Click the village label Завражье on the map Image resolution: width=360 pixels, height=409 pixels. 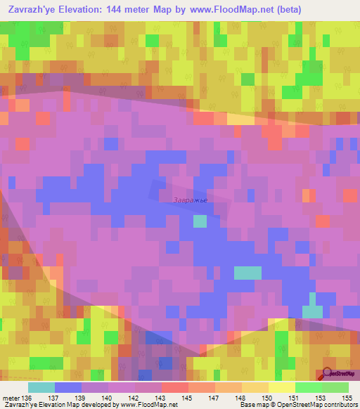pyautogui.click(x=190, y=200)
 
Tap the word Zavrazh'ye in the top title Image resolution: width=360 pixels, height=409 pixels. pyautogui.click(x=32, y=10)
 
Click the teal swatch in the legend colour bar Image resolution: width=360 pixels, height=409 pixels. pyautogui.click(x=41, y=388)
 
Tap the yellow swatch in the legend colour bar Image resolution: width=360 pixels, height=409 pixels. pyautogui.click(x=282, y=388)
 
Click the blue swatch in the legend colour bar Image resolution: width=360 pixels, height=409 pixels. pyautogui.click(x=68, y=388)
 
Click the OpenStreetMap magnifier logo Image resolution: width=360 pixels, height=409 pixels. pyautogui.click(x=328, y=373)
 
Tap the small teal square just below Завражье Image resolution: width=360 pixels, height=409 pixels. pyautogui.click(x=200, y=221)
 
